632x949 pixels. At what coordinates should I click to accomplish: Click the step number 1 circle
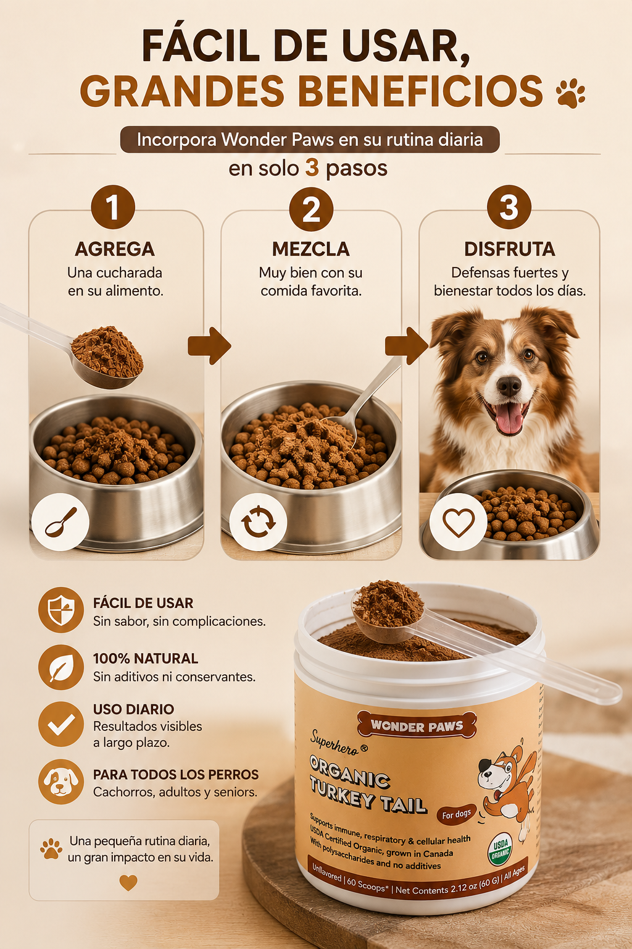[x=113, y=207]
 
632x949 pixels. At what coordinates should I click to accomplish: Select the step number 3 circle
[x=509, y=207]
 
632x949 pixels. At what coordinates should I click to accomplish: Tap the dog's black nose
[x=509, y=385]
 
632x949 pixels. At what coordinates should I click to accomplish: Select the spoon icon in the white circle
[x=60, y=522]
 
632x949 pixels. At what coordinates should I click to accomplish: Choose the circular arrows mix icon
[x=258, y=522]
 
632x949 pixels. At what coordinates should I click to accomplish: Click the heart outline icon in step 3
[x=459, y=522]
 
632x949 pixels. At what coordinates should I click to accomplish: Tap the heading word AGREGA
[x=115, y=249]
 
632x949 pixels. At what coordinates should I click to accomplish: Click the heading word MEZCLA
[x=311, y=249]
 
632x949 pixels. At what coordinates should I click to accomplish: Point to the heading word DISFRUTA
[x=510, y=249]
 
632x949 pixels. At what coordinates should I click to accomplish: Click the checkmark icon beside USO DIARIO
[x=61, y=724]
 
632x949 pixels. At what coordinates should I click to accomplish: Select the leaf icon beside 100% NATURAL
[x=61, y=667]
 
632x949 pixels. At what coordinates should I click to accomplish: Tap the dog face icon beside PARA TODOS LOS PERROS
[x=61, y=782]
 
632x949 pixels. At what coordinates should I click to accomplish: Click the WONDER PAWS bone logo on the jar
[x=417, y=726]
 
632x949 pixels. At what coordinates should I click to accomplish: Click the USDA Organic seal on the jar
[x=500, y=848]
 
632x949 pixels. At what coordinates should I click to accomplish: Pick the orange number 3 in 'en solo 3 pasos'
[x=312, y=168]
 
